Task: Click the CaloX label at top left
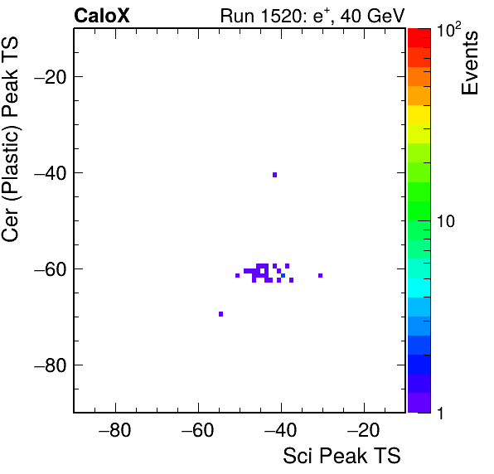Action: [102, 16]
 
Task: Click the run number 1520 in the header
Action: [280, 16]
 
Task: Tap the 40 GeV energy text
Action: [372, 17]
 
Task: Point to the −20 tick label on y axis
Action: [50, 76]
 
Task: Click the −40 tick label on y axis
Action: [50, 173]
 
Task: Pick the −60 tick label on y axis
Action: [50, 269]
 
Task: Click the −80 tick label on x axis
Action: [114, 430]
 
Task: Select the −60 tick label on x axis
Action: [198, 430]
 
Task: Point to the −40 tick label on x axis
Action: [281, 430]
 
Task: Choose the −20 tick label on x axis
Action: [364, 430]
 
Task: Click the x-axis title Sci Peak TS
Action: [341, 456]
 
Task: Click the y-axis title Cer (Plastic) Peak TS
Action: [10, 140]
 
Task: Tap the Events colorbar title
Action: [469, 63]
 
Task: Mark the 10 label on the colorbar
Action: [446, 221]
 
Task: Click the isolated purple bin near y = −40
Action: [274, 175]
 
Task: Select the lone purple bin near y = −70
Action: [220, 314]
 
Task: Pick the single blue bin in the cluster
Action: [283, 276]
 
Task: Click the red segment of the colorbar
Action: [419, 38]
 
